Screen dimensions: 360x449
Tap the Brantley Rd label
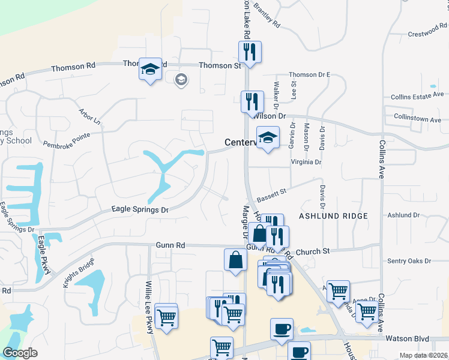[x=267, y=16]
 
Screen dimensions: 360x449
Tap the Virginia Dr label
[x=306, y=162]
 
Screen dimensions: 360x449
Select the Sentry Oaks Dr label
[x=410, y=261]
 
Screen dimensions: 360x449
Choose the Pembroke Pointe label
[x=67, y=140]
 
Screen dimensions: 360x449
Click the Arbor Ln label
[x=89, y=116]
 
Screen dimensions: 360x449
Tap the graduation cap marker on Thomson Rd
[x=149, y=69]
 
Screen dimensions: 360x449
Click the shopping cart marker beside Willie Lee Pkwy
[x=166, y=316]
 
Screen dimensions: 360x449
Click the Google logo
[x=20, y=353]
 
